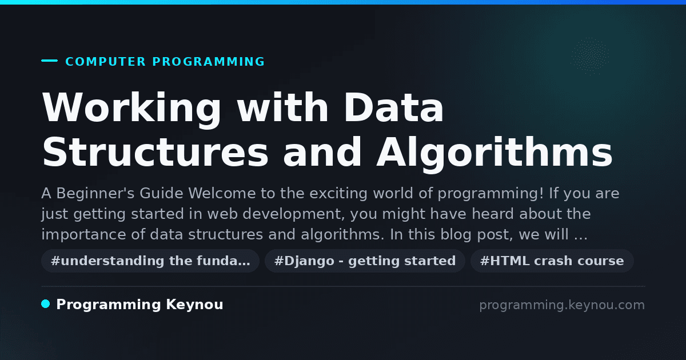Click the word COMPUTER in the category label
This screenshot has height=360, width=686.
[x=105, y=62]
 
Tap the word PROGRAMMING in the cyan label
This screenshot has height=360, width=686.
[x=209, y=62]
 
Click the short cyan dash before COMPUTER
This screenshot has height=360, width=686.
[x=49, y=61]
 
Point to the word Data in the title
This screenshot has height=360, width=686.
[x=394, y=107]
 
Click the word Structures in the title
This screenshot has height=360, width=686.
[x=155, y=152]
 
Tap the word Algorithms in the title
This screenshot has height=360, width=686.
[x=494, y=154]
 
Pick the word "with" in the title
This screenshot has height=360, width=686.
[x=284, y=107]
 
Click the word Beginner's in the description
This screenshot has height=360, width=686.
[x=95, y=194]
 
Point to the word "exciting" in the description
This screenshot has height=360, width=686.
[x=338, y=194]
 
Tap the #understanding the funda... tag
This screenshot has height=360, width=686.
[x=150, y=261]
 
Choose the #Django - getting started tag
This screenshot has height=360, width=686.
[x=365, y=261]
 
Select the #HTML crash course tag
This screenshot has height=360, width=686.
[x=552, y=261]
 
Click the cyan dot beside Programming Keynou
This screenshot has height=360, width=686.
[x=46, y=304]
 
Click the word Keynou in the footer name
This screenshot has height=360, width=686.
[x=194, y=305]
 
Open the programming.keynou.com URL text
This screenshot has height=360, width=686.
[x=562, y=305]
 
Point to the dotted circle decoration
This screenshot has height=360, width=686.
[x=590, y=57]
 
